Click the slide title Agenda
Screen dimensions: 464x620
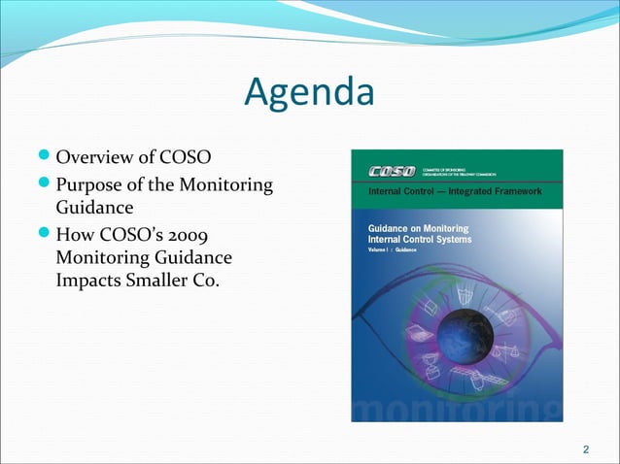(309, 93)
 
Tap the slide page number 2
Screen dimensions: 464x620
(585, 448)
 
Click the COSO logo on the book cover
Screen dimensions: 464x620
(390, 172)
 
